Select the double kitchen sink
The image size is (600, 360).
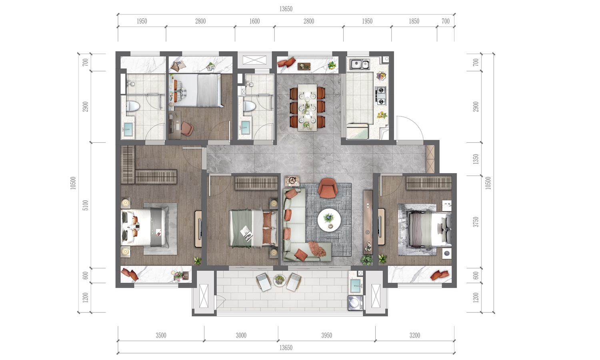[x=359, y=64]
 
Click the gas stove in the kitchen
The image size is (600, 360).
[x=381, y=96]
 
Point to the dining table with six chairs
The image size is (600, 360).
[x=307, y=108]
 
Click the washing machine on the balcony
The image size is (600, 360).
[x=356, y=303]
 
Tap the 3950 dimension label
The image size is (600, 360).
[x=326, y=335]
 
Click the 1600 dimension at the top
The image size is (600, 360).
[x=254, y=21]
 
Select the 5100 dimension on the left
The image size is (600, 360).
[x=85, y=205]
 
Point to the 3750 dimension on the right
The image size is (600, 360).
[x=476, y=222]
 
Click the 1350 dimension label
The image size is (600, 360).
[x=476, y=159]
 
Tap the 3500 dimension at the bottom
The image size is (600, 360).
[x=161, y=335]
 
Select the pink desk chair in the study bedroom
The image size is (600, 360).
[x=187, y=128]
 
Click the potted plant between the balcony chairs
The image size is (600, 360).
[x=279, y=280]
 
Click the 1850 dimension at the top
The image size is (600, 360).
[x=414, y=21]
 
